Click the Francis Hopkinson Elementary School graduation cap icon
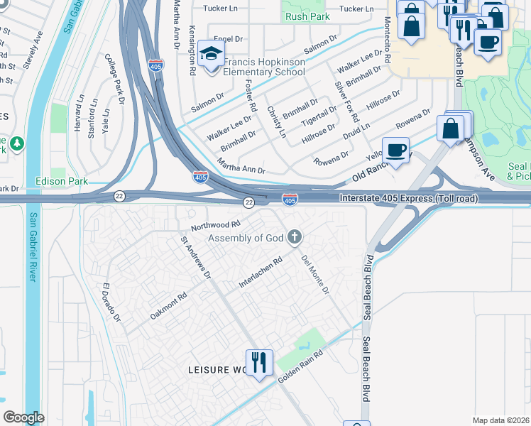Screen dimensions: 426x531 (x=211, y=54)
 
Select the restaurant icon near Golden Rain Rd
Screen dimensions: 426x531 (x=259, y=362)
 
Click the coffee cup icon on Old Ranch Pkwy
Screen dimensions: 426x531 (x=395, y=150)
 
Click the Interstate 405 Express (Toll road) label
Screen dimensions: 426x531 (x=408, y=199)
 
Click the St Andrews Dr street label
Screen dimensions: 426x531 (x=196, y=257)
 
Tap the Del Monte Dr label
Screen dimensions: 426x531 (x=315, y=275)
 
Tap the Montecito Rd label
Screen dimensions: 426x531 (x=388, y=40)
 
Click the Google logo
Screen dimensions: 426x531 (x=23, y=417)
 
